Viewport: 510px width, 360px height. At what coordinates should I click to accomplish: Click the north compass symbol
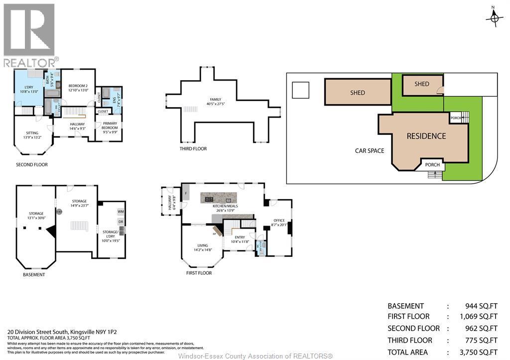494,17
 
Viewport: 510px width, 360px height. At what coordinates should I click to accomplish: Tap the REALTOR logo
29,35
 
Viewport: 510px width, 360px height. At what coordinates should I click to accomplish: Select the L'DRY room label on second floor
28,89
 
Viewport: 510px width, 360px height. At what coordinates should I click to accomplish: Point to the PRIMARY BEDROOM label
110,125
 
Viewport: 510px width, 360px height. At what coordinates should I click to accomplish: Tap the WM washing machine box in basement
121,212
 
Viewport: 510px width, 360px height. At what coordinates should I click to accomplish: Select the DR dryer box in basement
121,222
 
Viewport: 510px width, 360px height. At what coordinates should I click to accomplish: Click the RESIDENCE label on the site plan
426,136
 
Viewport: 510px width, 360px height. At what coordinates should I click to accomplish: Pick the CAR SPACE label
369,150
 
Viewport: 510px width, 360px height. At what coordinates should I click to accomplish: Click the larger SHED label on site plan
357,93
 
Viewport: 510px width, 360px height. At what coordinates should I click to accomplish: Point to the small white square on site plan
300,90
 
